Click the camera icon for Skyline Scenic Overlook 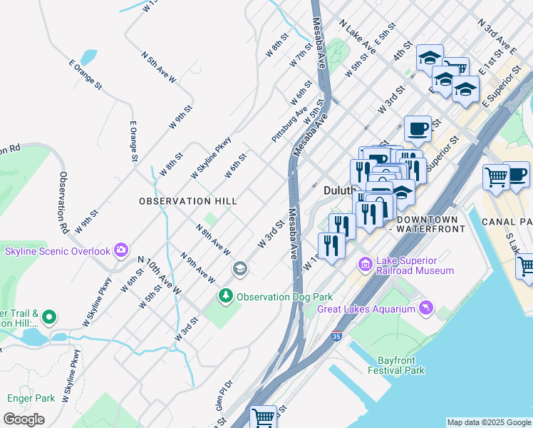[121, 250]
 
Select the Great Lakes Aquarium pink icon [425, 307]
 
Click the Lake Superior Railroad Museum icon [366, 265]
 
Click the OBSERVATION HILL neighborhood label [188, 201]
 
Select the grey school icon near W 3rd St [240, 268]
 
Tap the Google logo [24, 419]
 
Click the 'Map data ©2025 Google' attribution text [489, 422]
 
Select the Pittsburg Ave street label [289, 123]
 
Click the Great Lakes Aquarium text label [366, 309]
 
